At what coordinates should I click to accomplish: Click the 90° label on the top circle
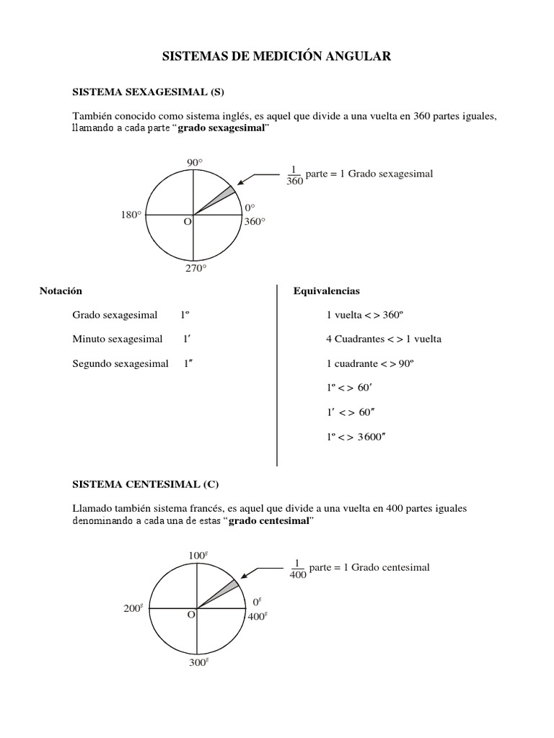click(194, 163)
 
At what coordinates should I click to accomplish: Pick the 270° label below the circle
click(195, 268)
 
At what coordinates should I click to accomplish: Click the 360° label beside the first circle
click(255, 222)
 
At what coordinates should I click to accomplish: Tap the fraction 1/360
click(294, 175)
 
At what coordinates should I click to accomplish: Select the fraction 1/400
click(297, 569)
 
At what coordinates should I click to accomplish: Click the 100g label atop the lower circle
click(198, 555)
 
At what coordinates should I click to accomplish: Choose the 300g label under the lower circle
click(198, 662)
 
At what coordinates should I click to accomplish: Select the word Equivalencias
click(326, 291)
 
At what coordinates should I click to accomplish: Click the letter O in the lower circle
click(191, 615)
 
